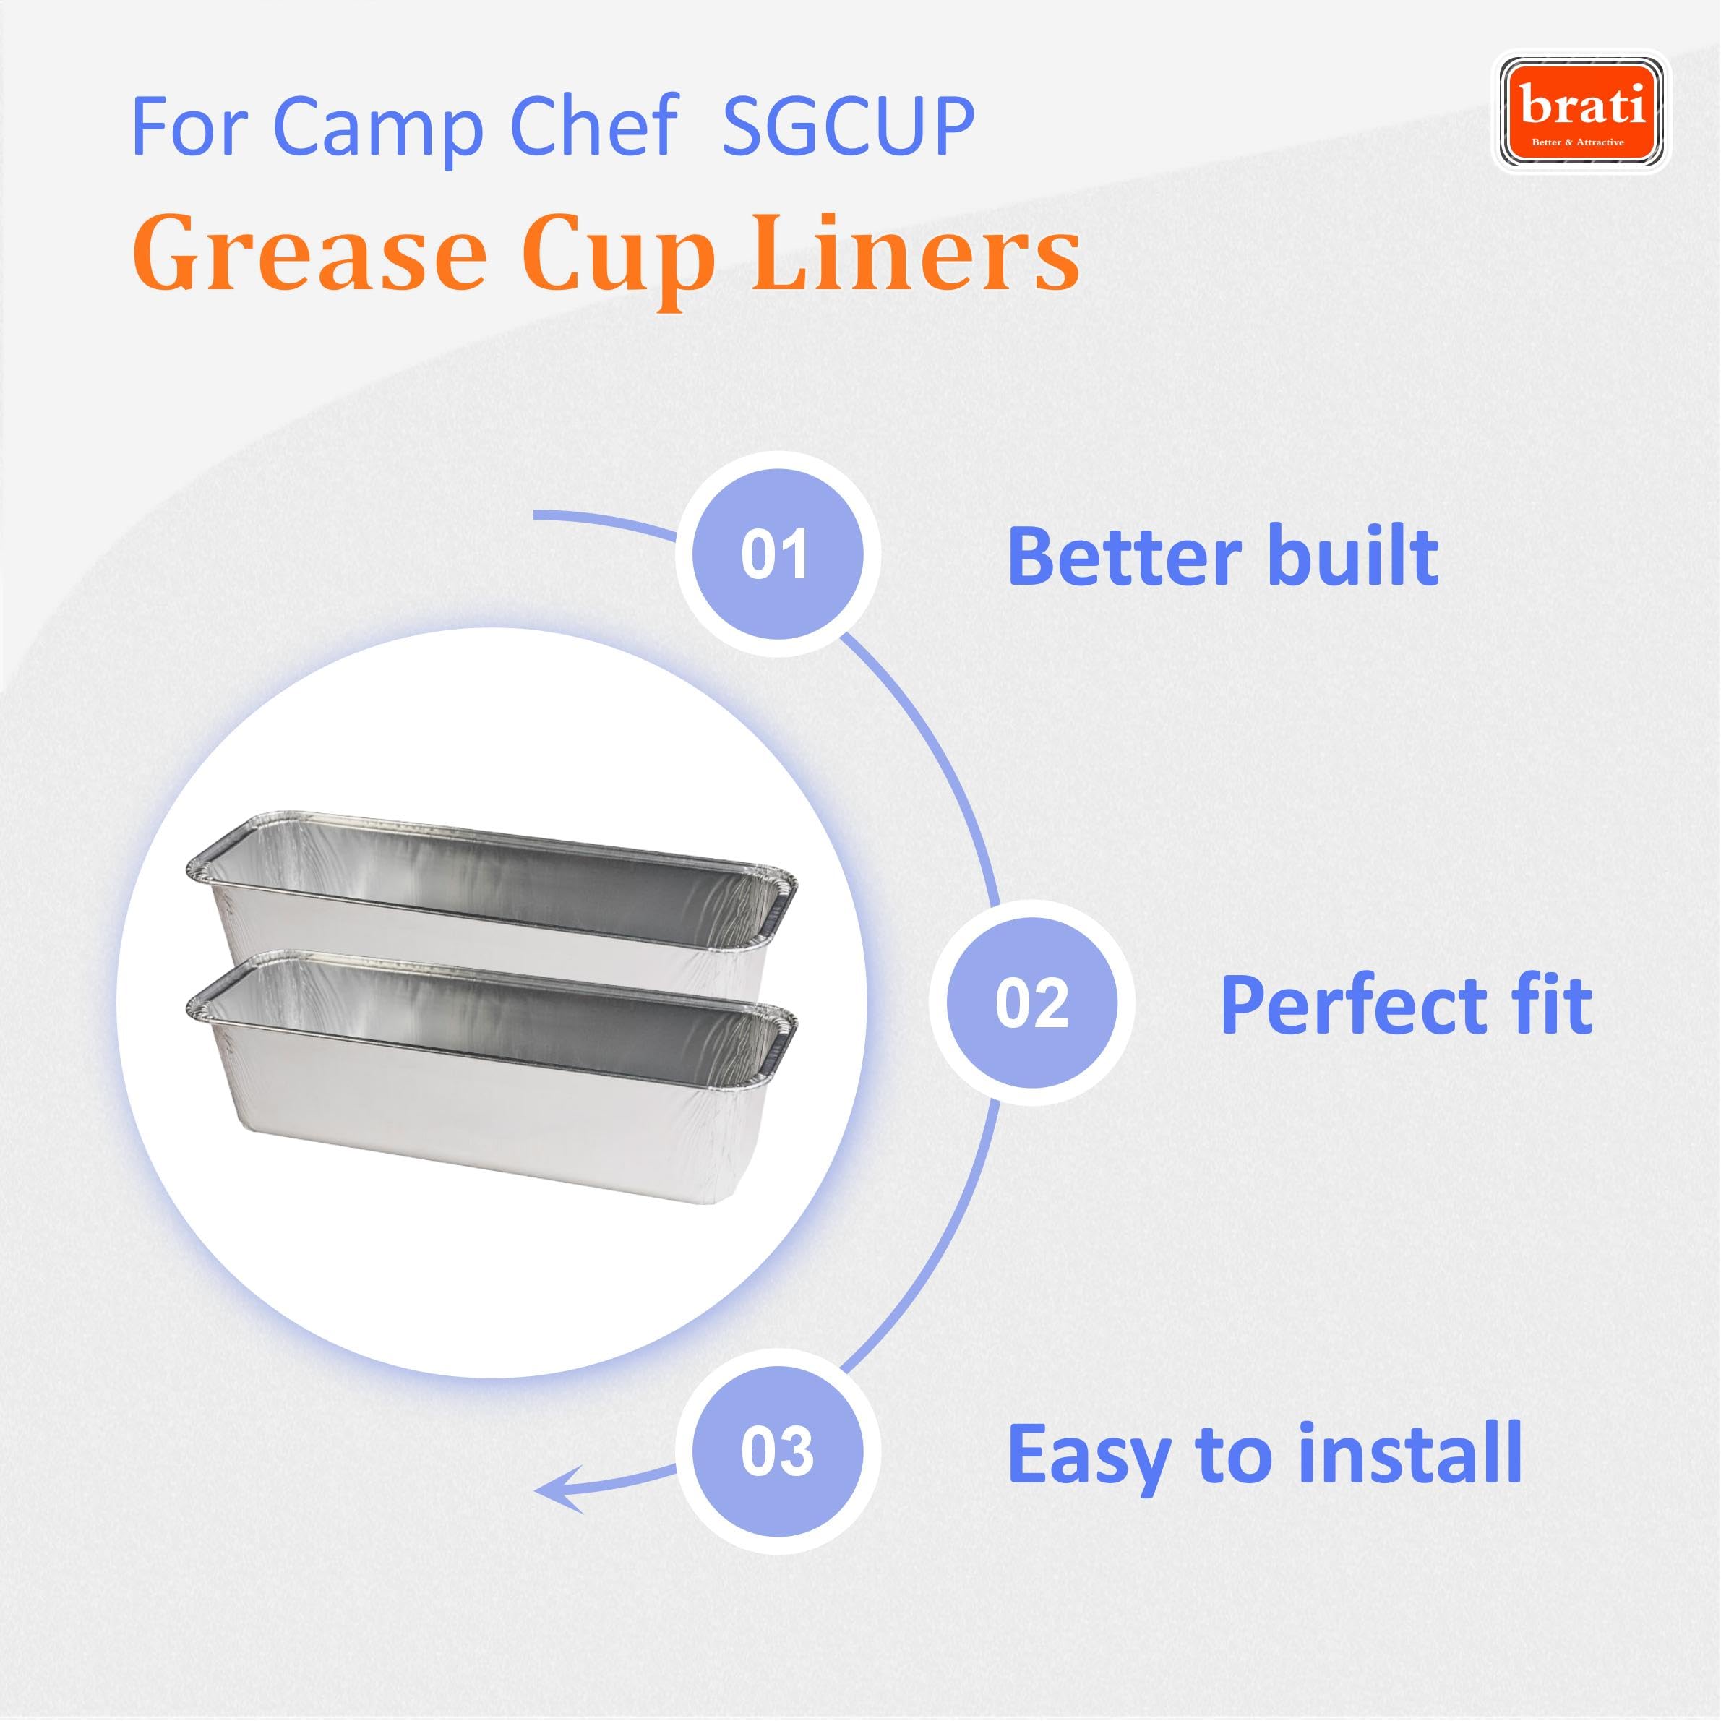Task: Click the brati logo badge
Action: click(1581, 111)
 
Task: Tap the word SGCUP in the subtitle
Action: click(849, 126)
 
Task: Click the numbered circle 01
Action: click(778, 554)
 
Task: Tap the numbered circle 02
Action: click(1031, 1003)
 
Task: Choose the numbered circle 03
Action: click(778, 1452)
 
